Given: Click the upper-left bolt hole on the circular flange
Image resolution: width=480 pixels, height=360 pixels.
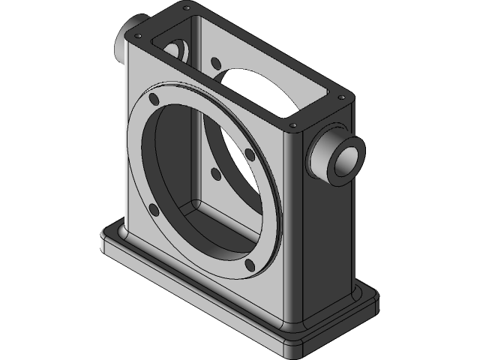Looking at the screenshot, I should pos(154,100).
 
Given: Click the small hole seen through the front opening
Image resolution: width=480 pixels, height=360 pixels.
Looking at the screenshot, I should pos(216,174).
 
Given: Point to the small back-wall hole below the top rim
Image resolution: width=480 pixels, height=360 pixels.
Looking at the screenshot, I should pos(216,62).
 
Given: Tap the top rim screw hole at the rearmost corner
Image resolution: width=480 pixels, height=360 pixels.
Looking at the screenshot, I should pos(184,7).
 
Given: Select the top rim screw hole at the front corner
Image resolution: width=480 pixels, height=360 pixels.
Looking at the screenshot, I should pos(293,125).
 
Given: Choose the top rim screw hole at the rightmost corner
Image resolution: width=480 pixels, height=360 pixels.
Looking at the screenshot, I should pos(342,97).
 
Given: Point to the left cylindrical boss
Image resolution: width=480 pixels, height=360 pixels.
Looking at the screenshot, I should pos(121,49).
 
